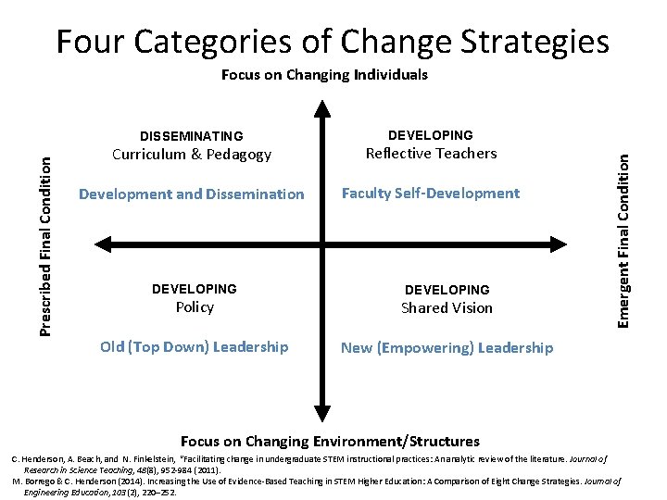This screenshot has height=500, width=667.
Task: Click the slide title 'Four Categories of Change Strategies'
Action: (333, 41)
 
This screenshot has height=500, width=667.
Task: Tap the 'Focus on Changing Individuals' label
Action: (324, 75)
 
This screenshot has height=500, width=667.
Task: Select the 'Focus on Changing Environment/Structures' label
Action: (330, 442)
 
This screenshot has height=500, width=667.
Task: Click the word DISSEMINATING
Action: (192, 136)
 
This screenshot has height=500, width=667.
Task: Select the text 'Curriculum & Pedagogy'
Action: (192, 155)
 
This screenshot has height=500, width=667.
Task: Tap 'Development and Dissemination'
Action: (192, 194)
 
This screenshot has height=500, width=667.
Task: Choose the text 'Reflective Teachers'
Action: (431, 153)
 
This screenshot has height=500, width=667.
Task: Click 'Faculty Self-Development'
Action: (431, 194)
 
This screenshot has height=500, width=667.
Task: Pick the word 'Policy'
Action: (195, 307)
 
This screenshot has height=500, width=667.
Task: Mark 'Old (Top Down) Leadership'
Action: (195, 347)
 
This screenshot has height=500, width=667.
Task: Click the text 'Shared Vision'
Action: (447, 307)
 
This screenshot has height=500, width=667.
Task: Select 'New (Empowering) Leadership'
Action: (447, 348)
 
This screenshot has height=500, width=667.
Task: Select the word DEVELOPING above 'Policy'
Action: (195, 290)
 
